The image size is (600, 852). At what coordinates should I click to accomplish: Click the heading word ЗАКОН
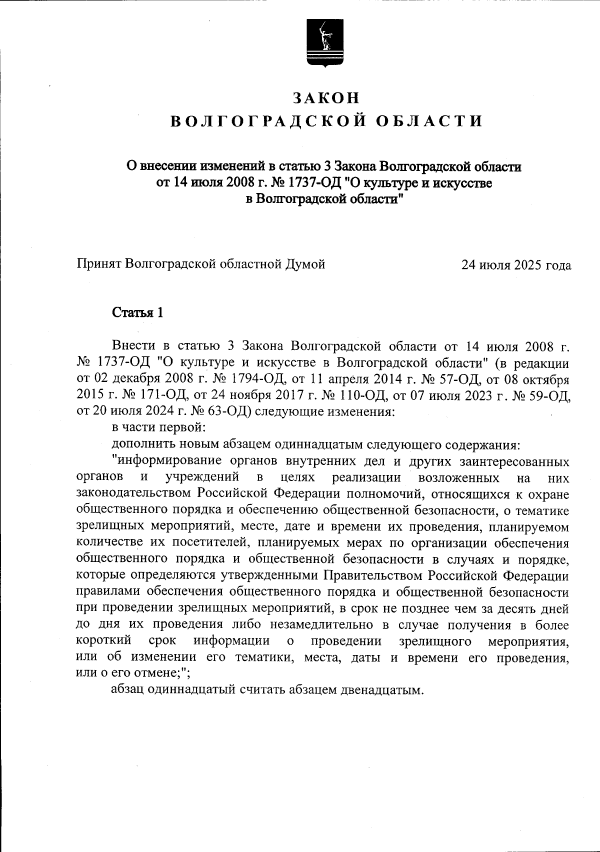point(326,98)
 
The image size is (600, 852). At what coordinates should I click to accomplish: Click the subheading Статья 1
point(137,313)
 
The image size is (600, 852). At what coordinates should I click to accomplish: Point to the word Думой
point(305,263)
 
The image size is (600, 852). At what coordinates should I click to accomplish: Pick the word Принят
point(98,263)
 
